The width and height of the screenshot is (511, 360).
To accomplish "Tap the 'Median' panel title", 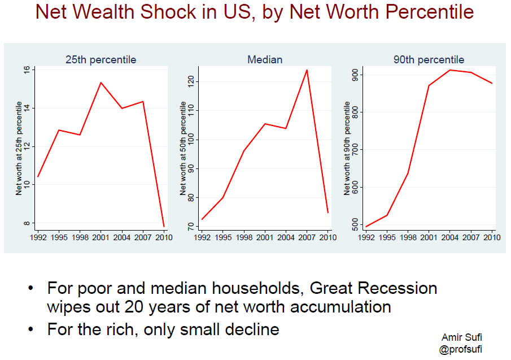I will tap(265, 59).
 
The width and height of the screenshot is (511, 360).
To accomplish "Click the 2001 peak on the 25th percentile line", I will tap(101, 83).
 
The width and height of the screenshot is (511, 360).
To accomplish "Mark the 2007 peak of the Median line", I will tap(307, 70).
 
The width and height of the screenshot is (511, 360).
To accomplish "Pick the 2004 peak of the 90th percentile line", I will tap(450, 70).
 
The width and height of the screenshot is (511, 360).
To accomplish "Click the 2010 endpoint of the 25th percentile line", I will tap(164, 227).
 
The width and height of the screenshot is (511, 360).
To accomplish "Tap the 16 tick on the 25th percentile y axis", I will tap(27, 70).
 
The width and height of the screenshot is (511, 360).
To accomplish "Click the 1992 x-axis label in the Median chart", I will tap(202, 237).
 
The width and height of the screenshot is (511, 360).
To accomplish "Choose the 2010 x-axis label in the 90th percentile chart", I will tap(492, 237).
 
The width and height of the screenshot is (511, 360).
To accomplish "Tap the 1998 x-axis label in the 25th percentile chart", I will tap(80, 237).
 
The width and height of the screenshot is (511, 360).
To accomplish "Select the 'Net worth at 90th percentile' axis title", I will tap(347, 149).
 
